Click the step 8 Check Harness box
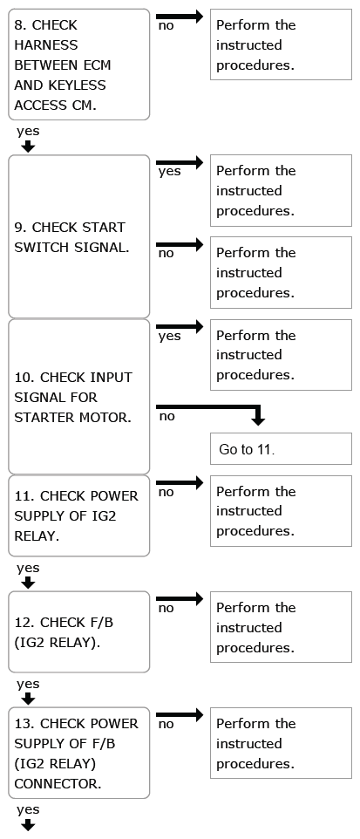(79, 65)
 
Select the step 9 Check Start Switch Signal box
(79, 236)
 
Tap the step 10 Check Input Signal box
(79, 397)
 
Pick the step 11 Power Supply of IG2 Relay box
(79, 515)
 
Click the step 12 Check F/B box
(79, 632)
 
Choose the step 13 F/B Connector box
(79, 754)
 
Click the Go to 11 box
(281, 448)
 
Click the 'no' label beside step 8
(166, 25)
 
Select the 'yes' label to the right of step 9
(170, 172)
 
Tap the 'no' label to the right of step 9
(166, 254)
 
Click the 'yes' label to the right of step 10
(170, 337)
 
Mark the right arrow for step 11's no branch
(180, 482)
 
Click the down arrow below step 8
(28, 147)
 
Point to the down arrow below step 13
(28, 826)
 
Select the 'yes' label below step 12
(28, 685)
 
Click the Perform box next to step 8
(281, 44)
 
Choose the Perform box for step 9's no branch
(281, 273)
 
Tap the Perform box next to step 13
(281, 743)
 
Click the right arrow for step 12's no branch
(180, 599)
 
